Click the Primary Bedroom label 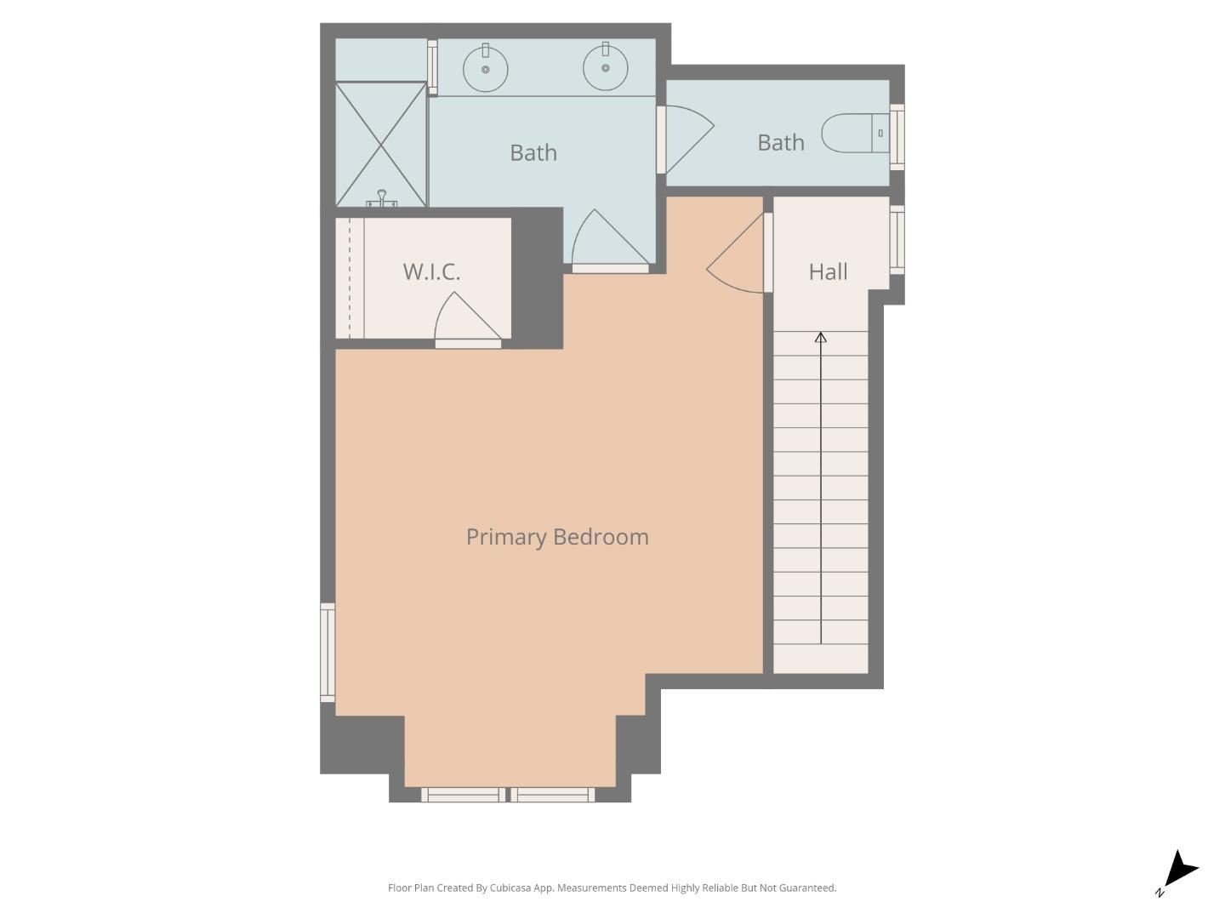[557, 537]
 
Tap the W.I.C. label [431, 271]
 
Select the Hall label [828, 271]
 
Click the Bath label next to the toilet [780, 142]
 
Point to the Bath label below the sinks [533, 152]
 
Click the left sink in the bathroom [486, 69]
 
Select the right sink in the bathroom [606, 67]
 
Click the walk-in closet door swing [466, 319]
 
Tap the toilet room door [686, 138]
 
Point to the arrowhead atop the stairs [821, 338]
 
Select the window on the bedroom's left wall [328, 652]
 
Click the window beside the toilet [897, 136]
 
